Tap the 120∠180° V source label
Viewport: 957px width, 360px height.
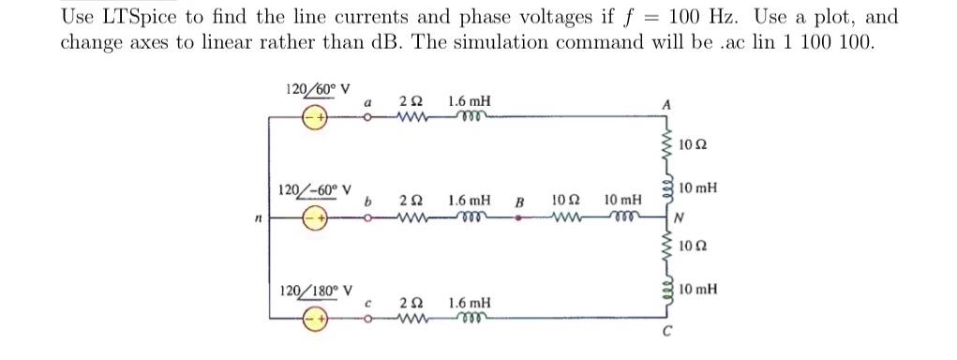[x=316, y=290]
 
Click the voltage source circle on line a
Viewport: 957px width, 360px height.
[x=315, y=118]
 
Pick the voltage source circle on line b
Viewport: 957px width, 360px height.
[x=315, y=218]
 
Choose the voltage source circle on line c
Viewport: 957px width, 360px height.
[x=315, y=319]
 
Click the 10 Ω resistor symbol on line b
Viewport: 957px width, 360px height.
[x=568, y=218]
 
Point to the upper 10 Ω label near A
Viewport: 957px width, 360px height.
[x=693, y=145]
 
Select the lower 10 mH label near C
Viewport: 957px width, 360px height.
[x=699, y=290]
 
